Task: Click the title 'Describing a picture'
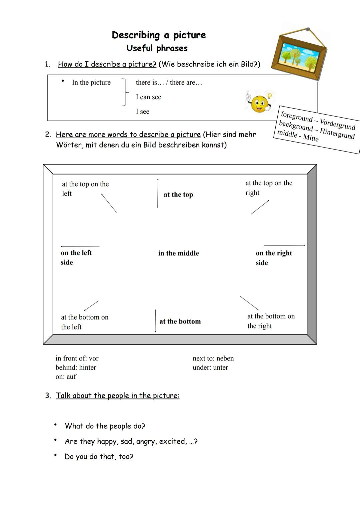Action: pyautogui.click(x=159, y=35)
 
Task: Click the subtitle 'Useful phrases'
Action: pyautogui.click(x=157, y=48)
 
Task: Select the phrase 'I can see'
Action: pyautogui.click(x=148, y=97)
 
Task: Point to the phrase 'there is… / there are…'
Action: pyautogui.click(x=169, y=82)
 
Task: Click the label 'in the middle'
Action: pyautogui.click(x=178, y=253)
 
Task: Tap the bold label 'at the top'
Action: pyautogui.click(x=178, y=195)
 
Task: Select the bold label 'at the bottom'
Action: pyautogui.click(x=180, y=321)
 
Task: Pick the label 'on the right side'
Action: pyautogui.click(x=273, y=257)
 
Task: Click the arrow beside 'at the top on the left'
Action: pyautogui.click(x=109, y=203)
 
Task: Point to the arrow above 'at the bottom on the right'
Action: pyautogui.click(x=249, y=303)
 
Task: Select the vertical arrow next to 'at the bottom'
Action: pyautogui.click(x=155, y=321)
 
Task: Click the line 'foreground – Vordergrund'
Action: pyautogui.click(x=318, y=121)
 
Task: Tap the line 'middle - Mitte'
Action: pyautogui.click(x=298, y=136)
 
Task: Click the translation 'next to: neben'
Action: pyautogui.click(x=213, y=358)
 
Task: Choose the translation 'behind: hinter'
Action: pyautogui.click(x=76, y=367)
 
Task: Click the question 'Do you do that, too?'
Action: pyautogui.click(x=99, y=456)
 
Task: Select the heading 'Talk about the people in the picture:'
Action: pyautogui.click(x=117, y=395)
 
